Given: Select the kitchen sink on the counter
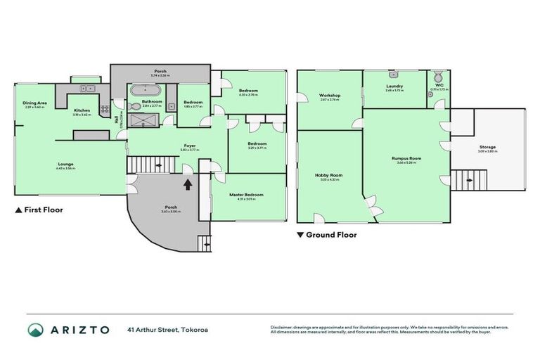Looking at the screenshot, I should coord(86,89).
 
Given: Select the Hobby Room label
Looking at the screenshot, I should coord(327,176).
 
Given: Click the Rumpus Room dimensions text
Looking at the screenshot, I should coord(406,162).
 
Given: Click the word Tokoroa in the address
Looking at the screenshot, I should coord(194,330).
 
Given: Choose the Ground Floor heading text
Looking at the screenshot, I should coord(330,235).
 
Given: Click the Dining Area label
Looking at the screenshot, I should coord(34,103).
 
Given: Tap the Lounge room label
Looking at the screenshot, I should coord(66,164).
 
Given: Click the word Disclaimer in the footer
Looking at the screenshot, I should coord(283,327).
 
